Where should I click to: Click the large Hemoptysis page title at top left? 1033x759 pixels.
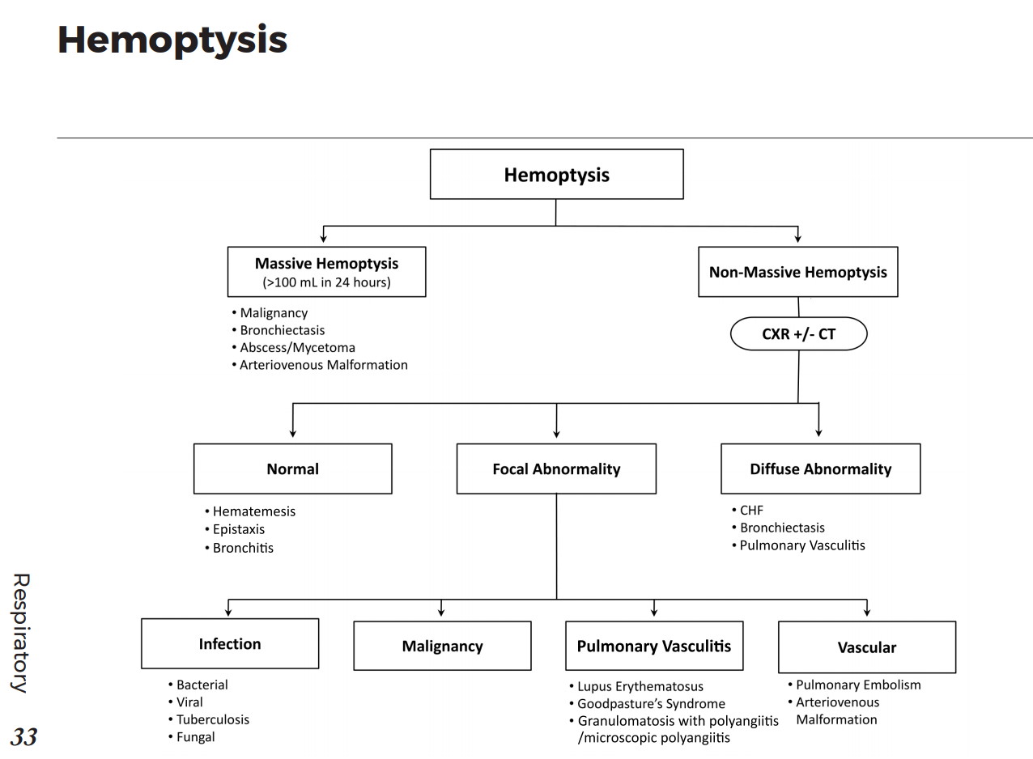coord(172,40)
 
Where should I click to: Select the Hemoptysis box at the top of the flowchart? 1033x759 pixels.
coord(556,174)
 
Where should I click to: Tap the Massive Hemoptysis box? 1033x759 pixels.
coord(326,271)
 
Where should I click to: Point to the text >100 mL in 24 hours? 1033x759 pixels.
coord(326,282)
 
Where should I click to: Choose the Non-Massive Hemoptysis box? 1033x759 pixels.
coord(797,272)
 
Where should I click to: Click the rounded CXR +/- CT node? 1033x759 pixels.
coord(798,333)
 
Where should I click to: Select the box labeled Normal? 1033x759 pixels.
coord(292,469)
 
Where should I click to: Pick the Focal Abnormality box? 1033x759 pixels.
coord(556,469)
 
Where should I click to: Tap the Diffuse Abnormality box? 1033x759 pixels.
coord(820,469)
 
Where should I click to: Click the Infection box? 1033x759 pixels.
coord(230,644)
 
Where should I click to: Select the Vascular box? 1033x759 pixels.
coord(866,647)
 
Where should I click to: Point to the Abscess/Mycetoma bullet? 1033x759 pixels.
coord(297,347)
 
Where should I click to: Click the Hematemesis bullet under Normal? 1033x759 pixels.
coord(253,511)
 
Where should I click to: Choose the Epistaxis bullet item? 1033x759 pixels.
coord(238,529)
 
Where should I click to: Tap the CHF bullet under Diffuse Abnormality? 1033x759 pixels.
coord(751,510)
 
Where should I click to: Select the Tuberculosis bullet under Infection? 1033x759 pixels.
coord(212,719)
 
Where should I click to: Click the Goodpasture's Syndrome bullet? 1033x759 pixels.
coord(651,703)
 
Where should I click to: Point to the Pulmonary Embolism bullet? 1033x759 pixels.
coord(858,685)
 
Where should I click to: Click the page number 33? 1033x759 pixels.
coord(23,737)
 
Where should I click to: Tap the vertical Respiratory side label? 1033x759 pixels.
coord(20,633)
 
